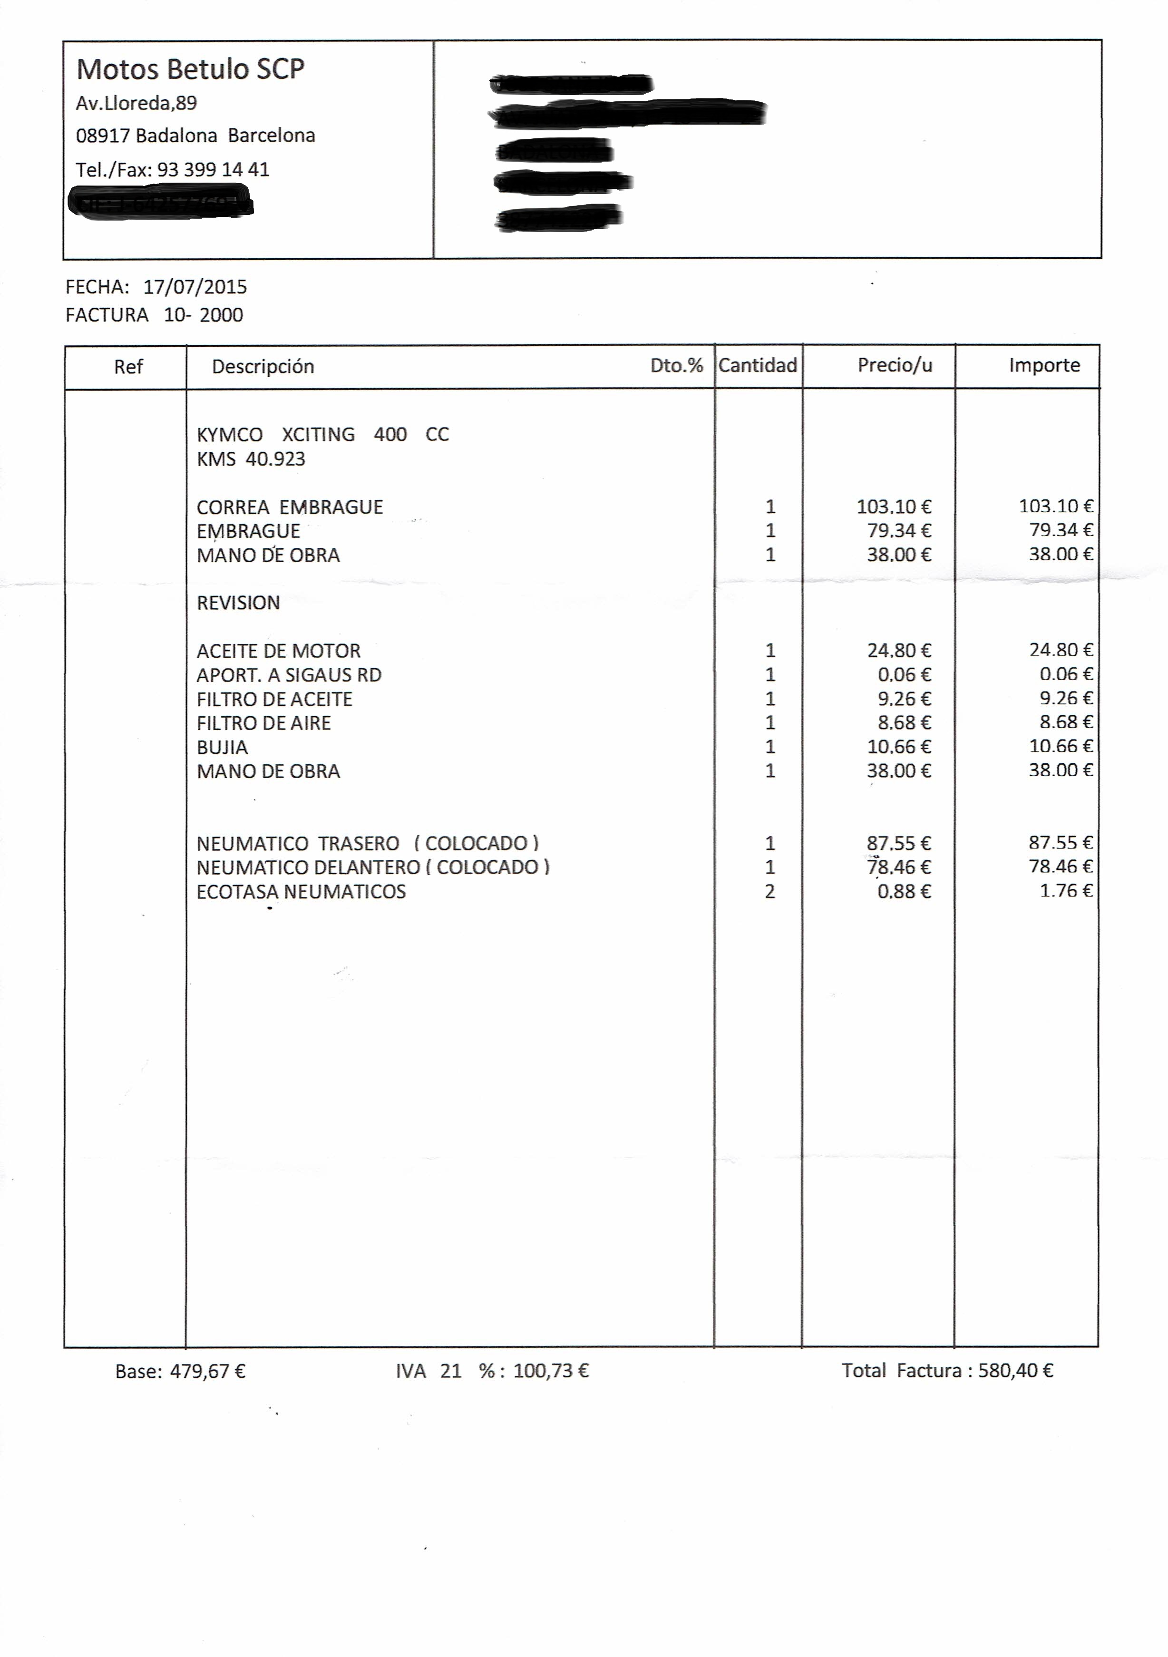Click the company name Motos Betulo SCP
(190, 69)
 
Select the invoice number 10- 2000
(204, 315)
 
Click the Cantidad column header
(758, 365)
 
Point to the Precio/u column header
(895, 365)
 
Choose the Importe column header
(1044, 365)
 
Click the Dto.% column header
(676, 365)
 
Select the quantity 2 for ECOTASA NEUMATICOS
(770, 891)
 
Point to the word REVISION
(238, 603)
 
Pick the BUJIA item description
(222, 747)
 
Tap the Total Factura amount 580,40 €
(1015, 1371)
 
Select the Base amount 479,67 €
(208, 1371)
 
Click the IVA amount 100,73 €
(550, 1371)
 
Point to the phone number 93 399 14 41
(213, 170)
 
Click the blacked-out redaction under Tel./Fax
(160, 201)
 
